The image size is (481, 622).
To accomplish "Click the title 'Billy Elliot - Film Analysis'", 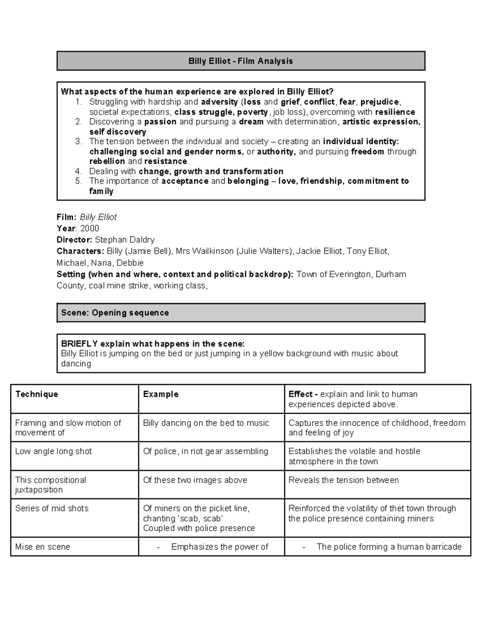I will point(240,61).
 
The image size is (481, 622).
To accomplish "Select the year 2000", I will point(89,228).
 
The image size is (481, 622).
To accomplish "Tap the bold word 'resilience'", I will point(395,112).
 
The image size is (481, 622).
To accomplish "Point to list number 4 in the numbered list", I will point(79,171).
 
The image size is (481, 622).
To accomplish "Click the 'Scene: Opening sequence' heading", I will point(115,313).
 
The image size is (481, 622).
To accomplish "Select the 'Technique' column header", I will point(36,394).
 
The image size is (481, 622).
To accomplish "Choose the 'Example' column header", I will point(161,394).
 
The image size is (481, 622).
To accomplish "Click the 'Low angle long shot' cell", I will point(53,451).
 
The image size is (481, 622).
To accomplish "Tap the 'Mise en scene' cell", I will point(42,547).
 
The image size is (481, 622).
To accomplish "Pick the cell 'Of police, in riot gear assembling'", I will point(206,451).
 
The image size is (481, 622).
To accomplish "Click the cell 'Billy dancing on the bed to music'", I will point(206,423).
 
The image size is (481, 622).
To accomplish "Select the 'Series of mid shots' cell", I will point(52,508).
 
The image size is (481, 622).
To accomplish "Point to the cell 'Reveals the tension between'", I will point(344,480).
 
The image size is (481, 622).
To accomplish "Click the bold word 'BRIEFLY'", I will point(79,344).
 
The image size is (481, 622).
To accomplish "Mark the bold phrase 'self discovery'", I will point(117,132).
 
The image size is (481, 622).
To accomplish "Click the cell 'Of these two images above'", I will point(195,480).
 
